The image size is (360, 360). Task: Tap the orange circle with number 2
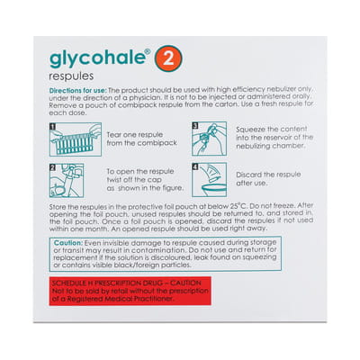(x=166, y=60)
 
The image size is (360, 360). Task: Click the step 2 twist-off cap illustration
(x=66, y=179)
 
